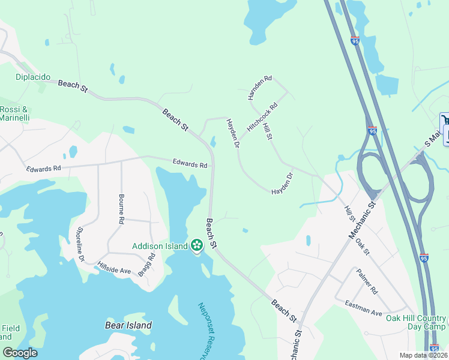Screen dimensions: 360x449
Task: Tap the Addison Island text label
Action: pos(160,245)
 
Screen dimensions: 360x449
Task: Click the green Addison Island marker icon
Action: pos(196,245)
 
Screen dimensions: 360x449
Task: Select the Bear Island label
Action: pos(124,325)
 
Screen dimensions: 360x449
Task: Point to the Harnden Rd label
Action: pos(260,87)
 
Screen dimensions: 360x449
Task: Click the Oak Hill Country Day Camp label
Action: pos(416,322)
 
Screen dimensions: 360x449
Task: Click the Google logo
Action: pos(20,353)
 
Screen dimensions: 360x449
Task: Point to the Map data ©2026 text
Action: pos(422,355)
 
